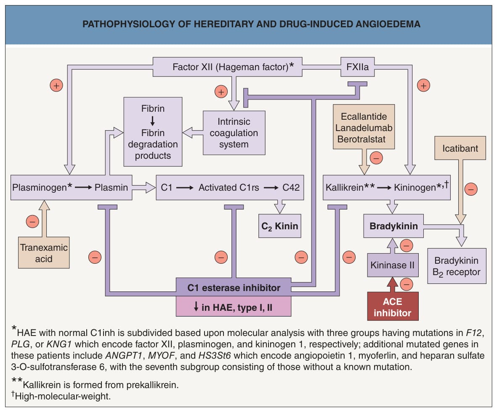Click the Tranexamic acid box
tap(44, 252)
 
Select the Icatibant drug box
tap(460, 148)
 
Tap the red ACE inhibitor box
tap(393, 306)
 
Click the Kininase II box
tap(393, 265)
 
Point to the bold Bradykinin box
tap(393, 226)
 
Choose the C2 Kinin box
tap(280, 226)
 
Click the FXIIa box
tap(358, 67)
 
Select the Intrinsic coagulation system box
tap(234, 133)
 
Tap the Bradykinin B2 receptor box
tap(457, 266)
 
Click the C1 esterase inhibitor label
tap(234, 288)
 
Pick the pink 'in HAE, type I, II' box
tap(234, 307)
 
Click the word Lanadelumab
tap(364, 128)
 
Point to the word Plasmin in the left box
tap(111, 187)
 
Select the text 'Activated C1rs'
tap(229, 187)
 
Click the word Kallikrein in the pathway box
tap(345, 187)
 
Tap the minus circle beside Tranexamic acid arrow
tap(32, 221)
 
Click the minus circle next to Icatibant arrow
tap(471, 189)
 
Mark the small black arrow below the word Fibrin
tap(153, 121)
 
